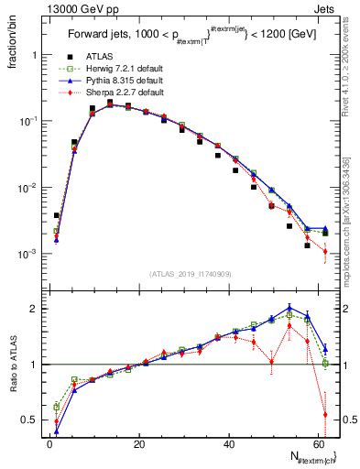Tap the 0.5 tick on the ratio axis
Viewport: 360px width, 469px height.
(x=33, y=420)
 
